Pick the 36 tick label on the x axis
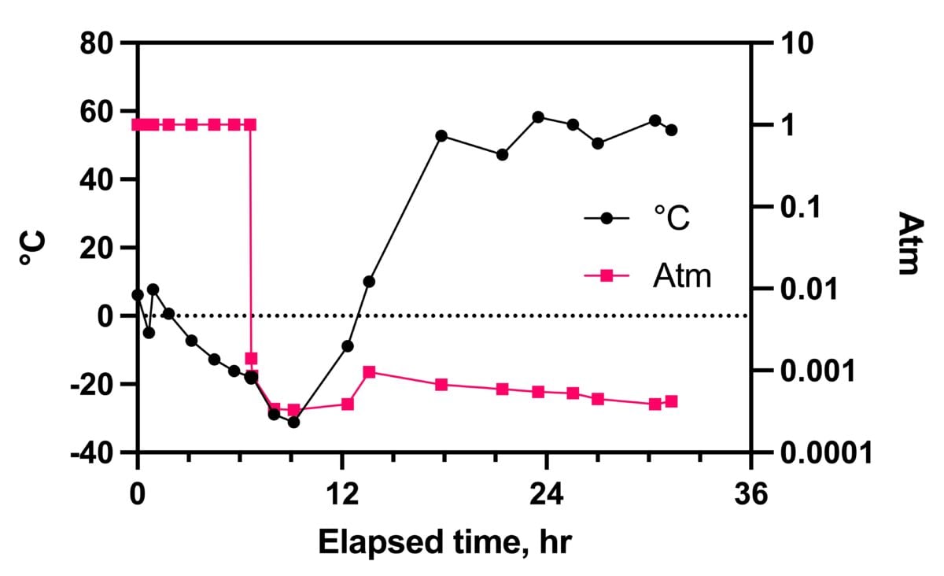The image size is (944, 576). tap(751, 497)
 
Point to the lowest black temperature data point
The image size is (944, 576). tap(294, 422)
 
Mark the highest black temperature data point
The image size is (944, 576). tap(538, 117)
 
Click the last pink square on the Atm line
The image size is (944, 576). tap(672, 401)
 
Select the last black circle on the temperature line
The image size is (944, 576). tap(672, 130)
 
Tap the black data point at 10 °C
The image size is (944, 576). tap(369, 281)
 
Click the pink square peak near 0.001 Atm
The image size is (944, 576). tap(369, 371)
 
